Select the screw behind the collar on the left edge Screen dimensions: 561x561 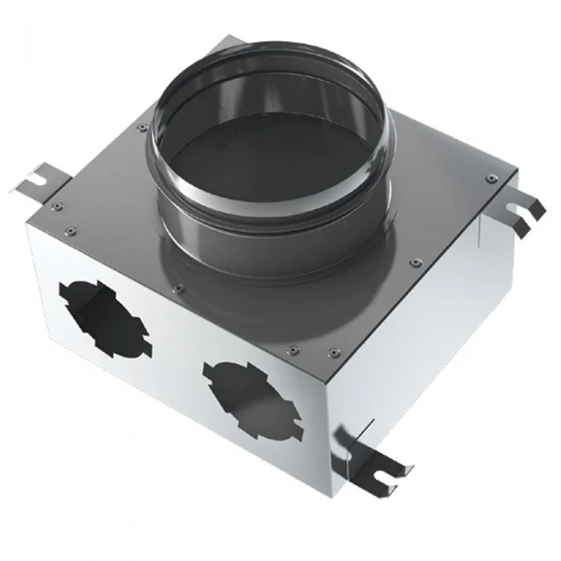coord(142,127)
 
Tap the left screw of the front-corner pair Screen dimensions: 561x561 coord(292,348)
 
